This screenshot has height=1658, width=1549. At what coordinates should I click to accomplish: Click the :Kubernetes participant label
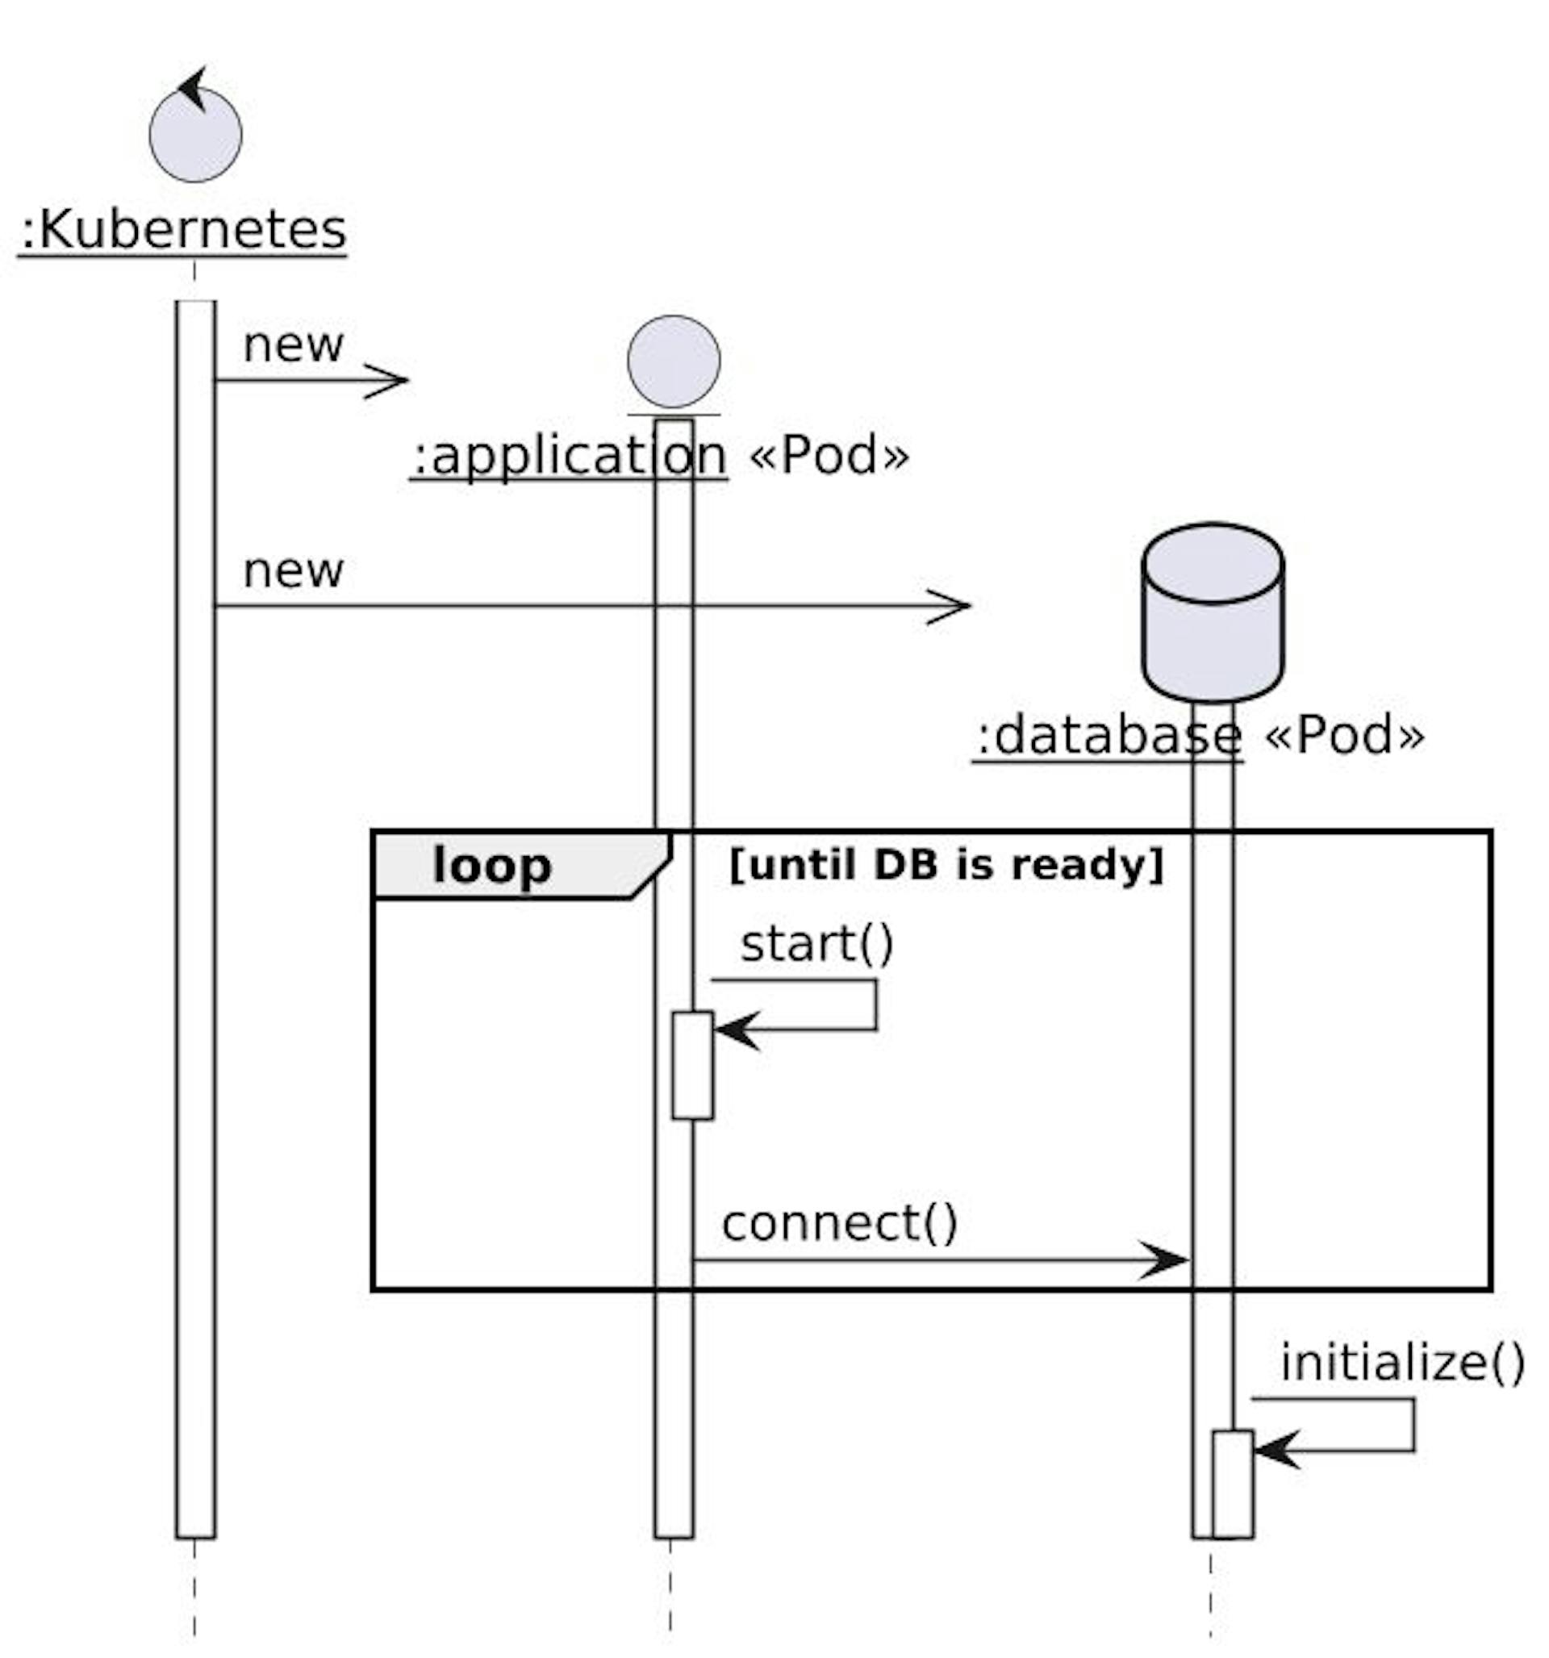click(182, 230)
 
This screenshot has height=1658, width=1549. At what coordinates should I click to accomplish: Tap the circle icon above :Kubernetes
click(195, 135)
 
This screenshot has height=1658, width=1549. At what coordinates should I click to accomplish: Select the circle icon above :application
click(673, 361)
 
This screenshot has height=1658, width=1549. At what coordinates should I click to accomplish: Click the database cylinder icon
click(1212, 613)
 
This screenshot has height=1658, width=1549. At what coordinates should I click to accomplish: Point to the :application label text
click(570, 456)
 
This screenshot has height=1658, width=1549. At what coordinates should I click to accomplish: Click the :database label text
click(1109, 736)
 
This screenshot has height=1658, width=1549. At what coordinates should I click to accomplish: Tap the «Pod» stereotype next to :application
click(828, 456)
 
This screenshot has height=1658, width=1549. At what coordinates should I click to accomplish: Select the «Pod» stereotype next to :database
click(1343, 736)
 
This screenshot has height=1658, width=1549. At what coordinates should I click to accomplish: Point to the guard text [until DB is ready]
click(945, 865)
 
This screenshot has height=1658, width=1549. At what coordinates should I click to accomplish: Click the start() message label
click(816, 944)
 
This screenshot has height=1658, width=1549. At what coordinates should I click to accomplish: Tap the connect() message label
click(839, 1223)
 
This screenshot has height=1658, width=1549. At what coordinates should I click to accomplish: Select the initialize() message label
click(1402, 1363)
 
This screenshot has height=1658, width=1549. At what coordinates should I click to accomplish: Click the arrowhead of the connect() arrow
click(1167, 1261)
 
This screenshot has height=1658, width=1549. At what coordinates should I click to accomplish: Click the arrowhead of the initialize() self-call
click(1275, 1451)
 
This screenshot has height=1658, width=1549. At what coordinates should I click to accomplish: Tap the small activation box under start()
click(692, 1065)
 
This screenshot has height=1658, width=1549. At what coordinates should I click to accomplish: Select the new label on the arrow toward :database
click(293, 570)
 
